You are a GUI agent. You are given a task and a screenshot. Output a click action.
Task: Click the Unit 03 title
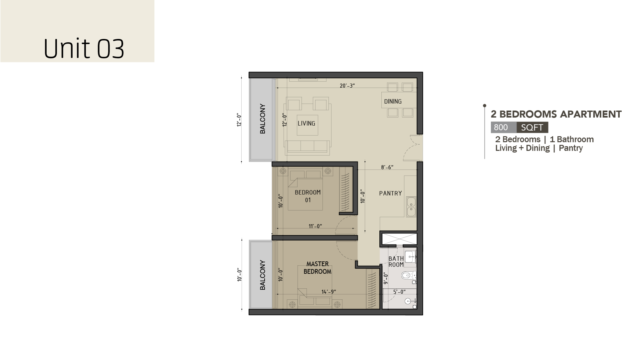84,49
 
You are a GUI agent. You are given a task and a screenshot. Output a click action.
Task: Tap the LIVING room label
307,124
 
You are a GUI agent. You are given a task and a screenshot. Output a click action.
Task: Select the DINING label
393,102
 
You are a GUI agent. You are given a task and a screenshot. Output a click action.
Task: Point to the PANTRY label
391,193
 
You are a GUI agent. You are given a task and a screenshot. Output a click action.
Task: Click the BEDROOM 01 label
308,196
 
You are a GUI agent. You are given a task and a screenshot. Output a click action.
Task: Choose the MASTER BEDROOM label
318,268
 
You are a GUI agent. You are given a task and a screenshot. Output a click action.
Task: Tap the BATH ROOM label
396,261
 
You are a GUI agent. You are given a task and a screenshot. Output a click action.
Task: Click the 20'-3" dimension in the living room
347,86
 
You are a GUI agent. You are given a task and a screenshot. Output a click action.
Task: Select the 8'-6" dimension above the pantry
387,167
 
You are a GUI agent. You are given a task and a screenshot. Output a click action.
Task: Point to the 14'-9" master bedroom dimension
328,292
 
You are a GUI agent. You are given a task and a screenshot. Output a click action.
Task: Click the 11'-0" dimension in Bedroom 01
315,226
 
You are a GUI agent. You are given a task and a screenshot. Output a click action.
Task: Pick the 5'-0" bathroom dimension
399,292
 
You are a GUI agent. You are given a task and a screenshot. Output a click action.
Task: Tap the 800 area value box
504,128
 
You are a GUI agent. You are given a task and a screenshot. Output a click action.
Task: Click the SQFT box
532,128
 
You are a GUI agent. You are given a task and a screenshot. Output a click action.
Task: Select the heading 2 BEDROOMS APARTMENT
556,114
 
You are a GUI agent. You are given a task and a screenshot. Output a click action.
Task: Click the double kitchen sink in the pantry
411,207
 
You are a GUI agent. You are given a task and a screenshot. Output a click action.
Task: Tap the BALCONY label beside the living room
263,119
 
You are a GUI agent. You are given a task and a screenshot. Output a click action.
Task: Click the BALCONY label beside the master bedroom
263,275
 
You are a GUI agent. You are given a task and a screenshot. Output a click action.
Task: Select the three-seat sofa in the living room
307,147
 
